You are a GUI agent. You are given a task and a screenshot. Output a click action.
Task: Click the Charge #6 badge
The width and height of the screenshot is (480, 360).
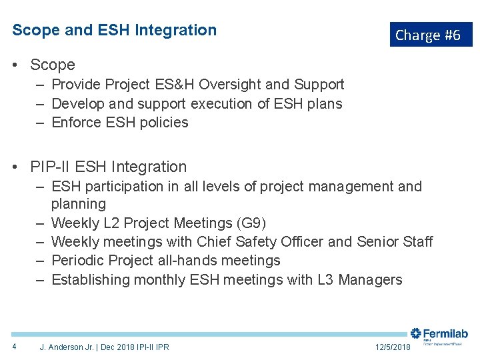click(431, 35)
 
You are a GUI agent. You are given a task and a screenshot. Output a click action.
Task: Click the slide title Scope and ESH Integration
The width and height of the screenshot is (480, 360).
click(115, 30)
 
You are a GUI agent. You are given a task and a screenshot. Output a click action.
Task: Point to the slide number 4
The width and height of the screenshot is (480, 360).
click(15, 347)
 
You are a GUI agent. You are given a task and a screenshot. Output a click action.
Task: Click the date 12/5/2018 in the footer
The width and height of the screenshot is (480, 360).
click(393, 347)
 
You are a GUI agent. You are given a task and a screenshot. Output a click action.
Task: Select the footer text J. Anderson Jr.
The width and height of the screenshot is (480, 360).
click(67, 347)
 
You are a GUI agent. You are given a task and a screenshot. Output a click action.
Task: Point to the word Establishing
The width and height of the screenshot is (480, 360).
click(94, 280)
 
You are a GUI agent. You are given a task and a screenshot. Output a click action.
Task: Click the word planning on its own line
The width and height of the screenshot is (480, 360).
click(79, 204)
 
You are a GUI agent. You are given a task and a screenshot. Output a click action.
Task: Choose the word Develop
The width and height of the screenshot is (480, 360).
click(77, 104)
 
